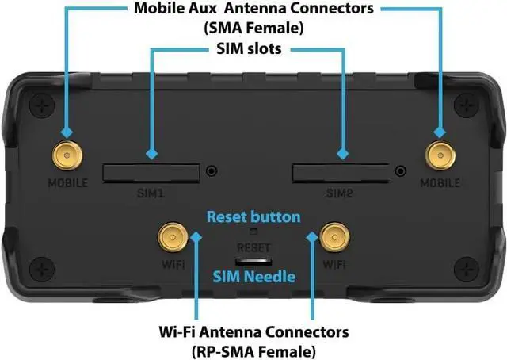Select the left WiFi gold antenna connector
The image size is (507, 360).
[x=170, y=236]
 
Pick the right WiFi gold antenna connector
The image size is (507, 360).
[x=334, y=236]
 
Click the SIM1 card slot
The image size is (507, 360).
[x=151, y=170]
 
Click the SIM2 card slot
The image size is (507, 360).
[x=341, y=170]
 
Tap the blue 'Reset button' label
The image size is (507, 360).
[x=253, y=216]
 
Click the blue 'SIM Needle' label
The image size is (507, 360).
[x=253, y=277]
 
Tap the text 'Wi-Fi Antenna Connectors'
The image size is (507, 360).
[x=253, y=330]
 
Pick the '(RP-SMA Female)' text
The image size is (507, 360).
[x=253, y=349]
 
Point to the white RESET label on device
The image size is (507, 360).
[x=253, y=247]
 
